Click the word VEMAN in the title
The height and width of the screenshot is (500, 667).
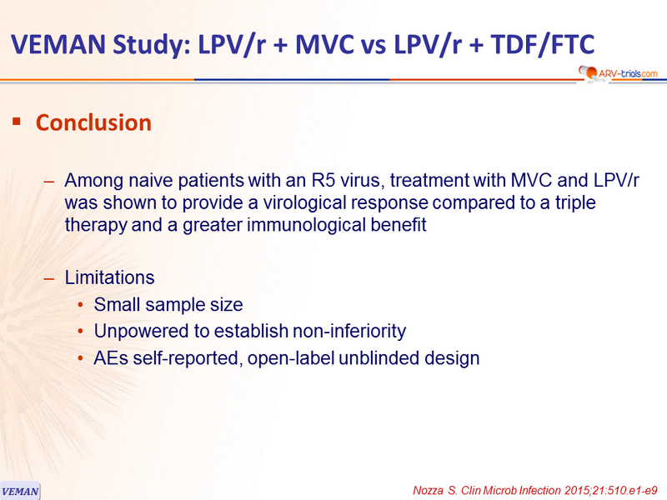pyautogui.click(x=58, y=44)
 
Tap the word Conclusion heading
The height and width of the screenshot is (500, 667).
pyautogui.click(x=93, y=122)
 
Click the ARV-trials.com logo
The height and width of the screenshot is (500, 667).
pyautogui.click(x=618, y=73)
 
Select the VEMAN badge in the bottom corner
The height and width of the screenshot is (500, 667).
pyautogui.click(x=20, y=491)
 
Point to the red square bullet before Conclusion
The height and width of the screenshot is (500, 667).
pyautogui.click(x=17, y=122)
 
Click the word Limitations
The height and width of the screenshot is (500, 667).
pyautogui.click(x=109, y=277)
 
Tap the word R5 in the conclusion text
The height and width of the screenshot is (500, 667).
pyautogui.click(x=323, y=180)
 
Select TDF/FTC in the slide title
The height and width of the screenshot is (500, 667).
pyautogui.click(x=543, y=45)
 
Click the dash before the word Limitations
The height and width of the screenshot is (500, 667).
pyautogui.click(x=49, y=279)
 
